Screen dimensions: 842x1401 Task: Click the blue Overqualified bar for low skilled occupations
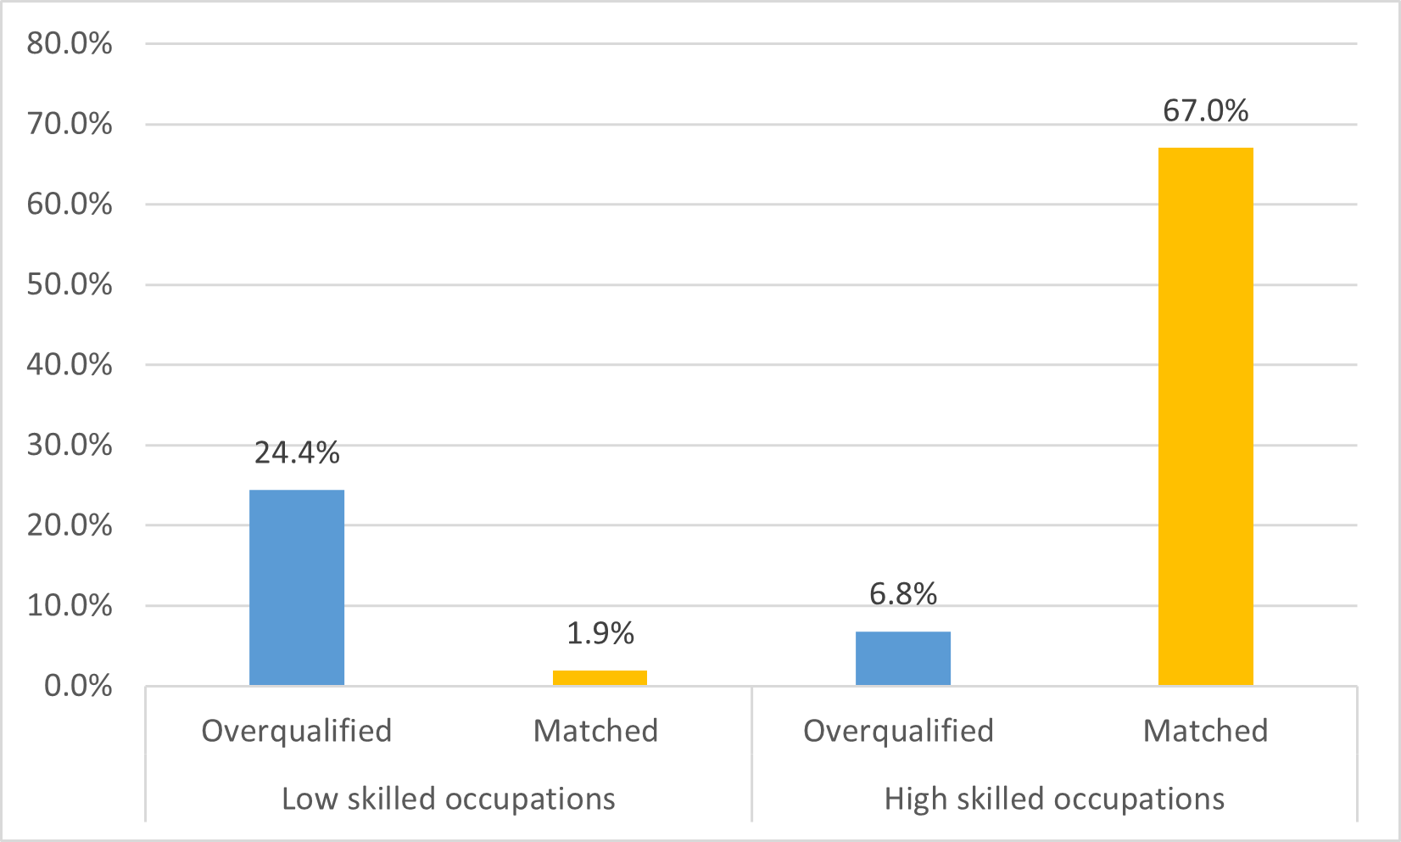click(x=297, y=587)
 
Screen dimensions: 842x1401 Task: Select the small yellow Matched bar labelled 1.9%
click(x=600, y=677)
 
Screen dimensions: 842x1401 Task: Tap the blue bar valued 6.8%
click(x=902, y=658)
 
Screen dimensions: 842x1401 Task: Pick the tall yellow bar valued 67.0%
click(x=1205, y=416)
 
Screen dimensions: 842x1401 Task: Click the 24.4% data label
click(x=297, y=453)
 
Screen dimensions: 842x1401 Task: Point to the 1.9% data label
click(x=600, y=633)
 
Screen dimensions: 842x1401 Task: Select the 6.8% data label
click(x=902, y=593)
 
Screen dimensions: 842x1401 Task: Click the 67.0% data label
click(x=1205, y=111)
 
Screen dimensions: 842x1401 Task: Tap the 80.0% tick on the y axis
click(x=70, y=43)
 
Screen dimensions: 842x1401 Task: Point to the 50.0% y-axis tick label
click(x=70, y=284)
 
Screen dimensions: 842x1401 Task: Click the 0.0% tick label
click(x=78, y=686)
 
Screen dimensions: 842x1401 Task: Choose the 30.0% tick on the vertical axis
click(x=70, y=445)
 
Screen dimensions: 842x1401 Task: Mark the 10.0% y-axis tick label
click(x=70, y=605)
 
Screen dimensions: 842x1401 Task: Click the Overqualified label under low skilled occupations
click(x=297, y=731)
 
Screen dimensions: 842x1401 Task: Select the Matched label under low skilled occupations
click(x=595, y=731)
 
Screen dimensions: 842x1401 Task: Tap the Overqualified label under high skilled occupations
click(x=898, y=731)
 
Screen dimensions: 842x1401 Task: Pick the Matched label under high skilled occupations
click(x=1205, y=731)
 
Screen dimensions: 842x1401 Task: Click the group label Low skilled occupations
click(x=448, y=799)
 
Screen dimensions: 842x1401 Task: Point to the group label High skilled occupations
click(x=1054, y=799)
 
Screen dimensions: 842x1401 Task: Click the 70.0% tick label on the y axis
click(x=70, y=124)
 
